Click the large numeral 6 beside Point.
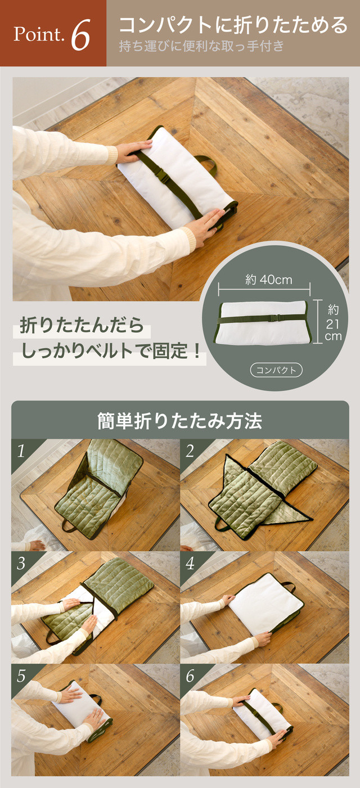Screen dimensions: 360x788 80,35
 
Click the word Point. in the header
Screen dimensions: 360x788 39,34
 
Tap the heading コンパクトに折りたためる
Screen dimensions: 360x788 233,25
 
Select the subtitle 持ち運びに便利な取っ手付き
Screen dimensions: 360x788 201,46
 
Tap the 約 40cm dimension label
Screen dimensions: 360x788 269,280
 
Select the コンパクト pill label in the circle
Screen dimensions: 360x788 276,370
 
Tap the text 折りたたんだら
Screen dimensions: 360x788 82,325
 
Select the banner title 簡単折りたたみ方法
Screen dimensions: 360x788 180,421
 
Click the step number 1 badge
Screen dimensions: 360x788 21,451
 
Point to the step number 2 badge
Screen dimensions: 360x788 190,451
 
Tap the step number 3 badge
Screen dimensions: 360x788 21,564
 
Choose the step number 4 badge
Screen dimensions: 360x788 190,564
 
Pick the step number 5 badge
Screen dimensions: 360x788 21,676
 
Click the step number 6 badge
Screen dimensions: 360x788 190,676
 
